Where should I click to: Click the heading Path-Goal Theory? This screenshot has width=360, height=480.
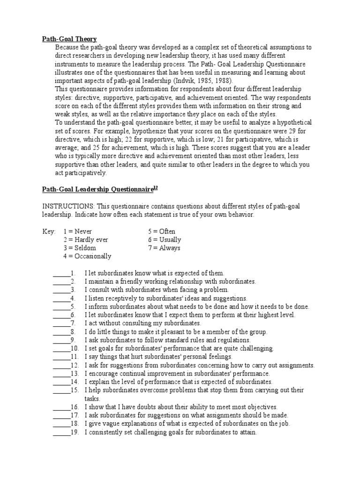(x=69, y=39)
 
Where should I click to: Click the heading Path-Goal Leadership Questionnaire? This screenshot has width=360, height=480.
(x=97, y=189)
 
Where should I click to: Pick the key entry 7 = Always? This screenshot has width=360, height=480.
(x=164, y=248)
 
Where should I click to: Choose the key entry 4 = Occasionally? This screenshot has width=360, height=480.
(x=87, y=256)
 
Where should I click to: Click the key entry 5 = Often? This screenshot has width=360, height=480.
(x=162, y=232)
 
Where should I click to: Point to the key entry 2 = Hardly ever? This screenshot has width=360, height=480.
(x=86, y=240)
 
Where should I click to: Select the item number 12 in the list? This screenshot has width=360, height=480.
(x=74, y=365)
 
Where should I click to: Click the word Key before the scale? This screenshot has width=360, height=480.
(x=49, y=232)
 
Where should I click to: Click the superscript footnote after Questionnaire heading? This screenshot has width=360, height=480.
(x=156, y=187)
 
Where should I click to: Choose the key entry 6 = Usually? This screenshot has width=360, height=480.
(x=164, y=240)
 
